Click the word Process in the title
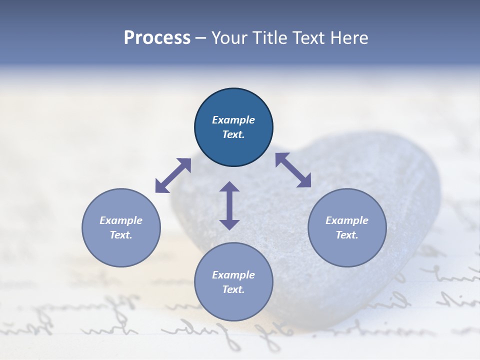coord(157,38)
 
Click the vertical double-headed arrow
coord(229,206)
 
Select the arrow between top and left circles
coord(173,175)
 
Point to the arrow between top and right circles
coord(293,170)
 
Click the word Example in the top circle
coord(233,120)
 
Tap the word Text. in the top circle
coord(233,134)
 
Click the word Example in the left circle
coord(121,220)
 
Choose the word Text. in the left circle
coord(121,235)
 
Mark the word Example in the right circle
coord(347,220)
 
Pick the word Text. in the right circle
coord(347,235)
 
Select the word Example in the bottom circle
coord(233,275)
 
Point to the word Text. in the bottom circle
coord(233,289)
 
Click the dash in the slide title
coord(200,38)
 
